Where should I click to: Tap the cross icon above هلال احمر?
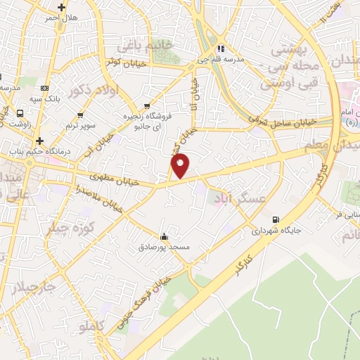tap(62, 8)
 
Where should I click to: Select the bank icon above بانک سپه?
tap(46, 88)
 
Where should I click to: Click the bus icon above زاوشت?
tap(20, 112)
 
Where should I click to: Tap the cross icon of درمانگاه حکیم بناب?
tap(40, 141)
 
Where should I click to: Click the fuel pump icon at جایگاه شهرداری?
tap(275, 219)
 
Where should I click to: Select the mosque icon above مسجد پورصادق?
tap(164, 236)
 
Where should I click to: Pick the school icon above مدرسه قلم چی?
tap(221, 49)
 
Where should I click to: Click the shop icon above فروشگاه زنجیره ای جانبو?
tap(146, 106)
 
